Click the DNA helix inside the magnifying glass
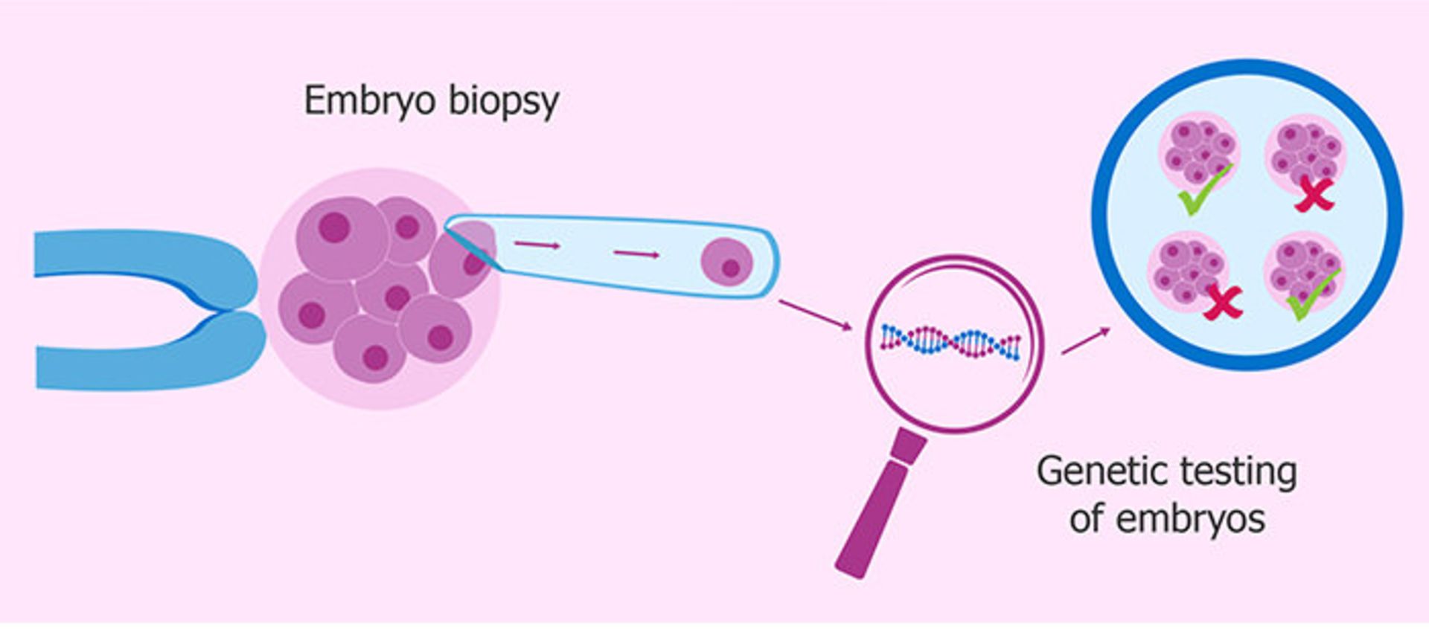950,342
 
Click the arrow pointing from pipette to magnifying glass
815,314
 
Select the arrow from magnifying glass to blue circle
1085,341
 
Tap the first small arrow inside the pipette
537,244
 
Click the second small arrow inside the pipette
636,254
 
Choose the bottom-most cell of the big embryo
370,349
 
